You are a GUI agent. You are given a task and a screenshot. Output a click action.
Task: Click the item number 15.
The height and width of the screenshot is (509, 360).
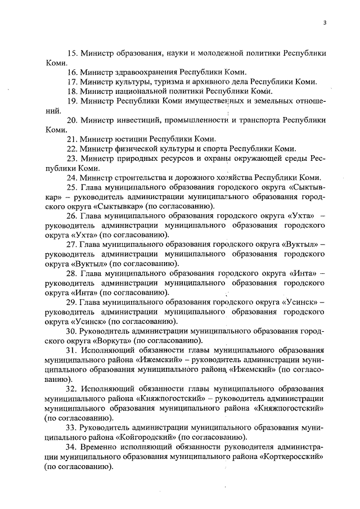[71, 54]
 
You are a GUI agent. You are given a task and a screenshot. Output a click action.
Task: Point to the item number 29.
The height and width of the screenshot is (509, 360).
[71, 301]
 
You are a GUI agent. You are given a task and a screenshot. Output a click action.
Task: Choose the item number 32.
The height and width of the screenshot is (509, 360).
[71, 388]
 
